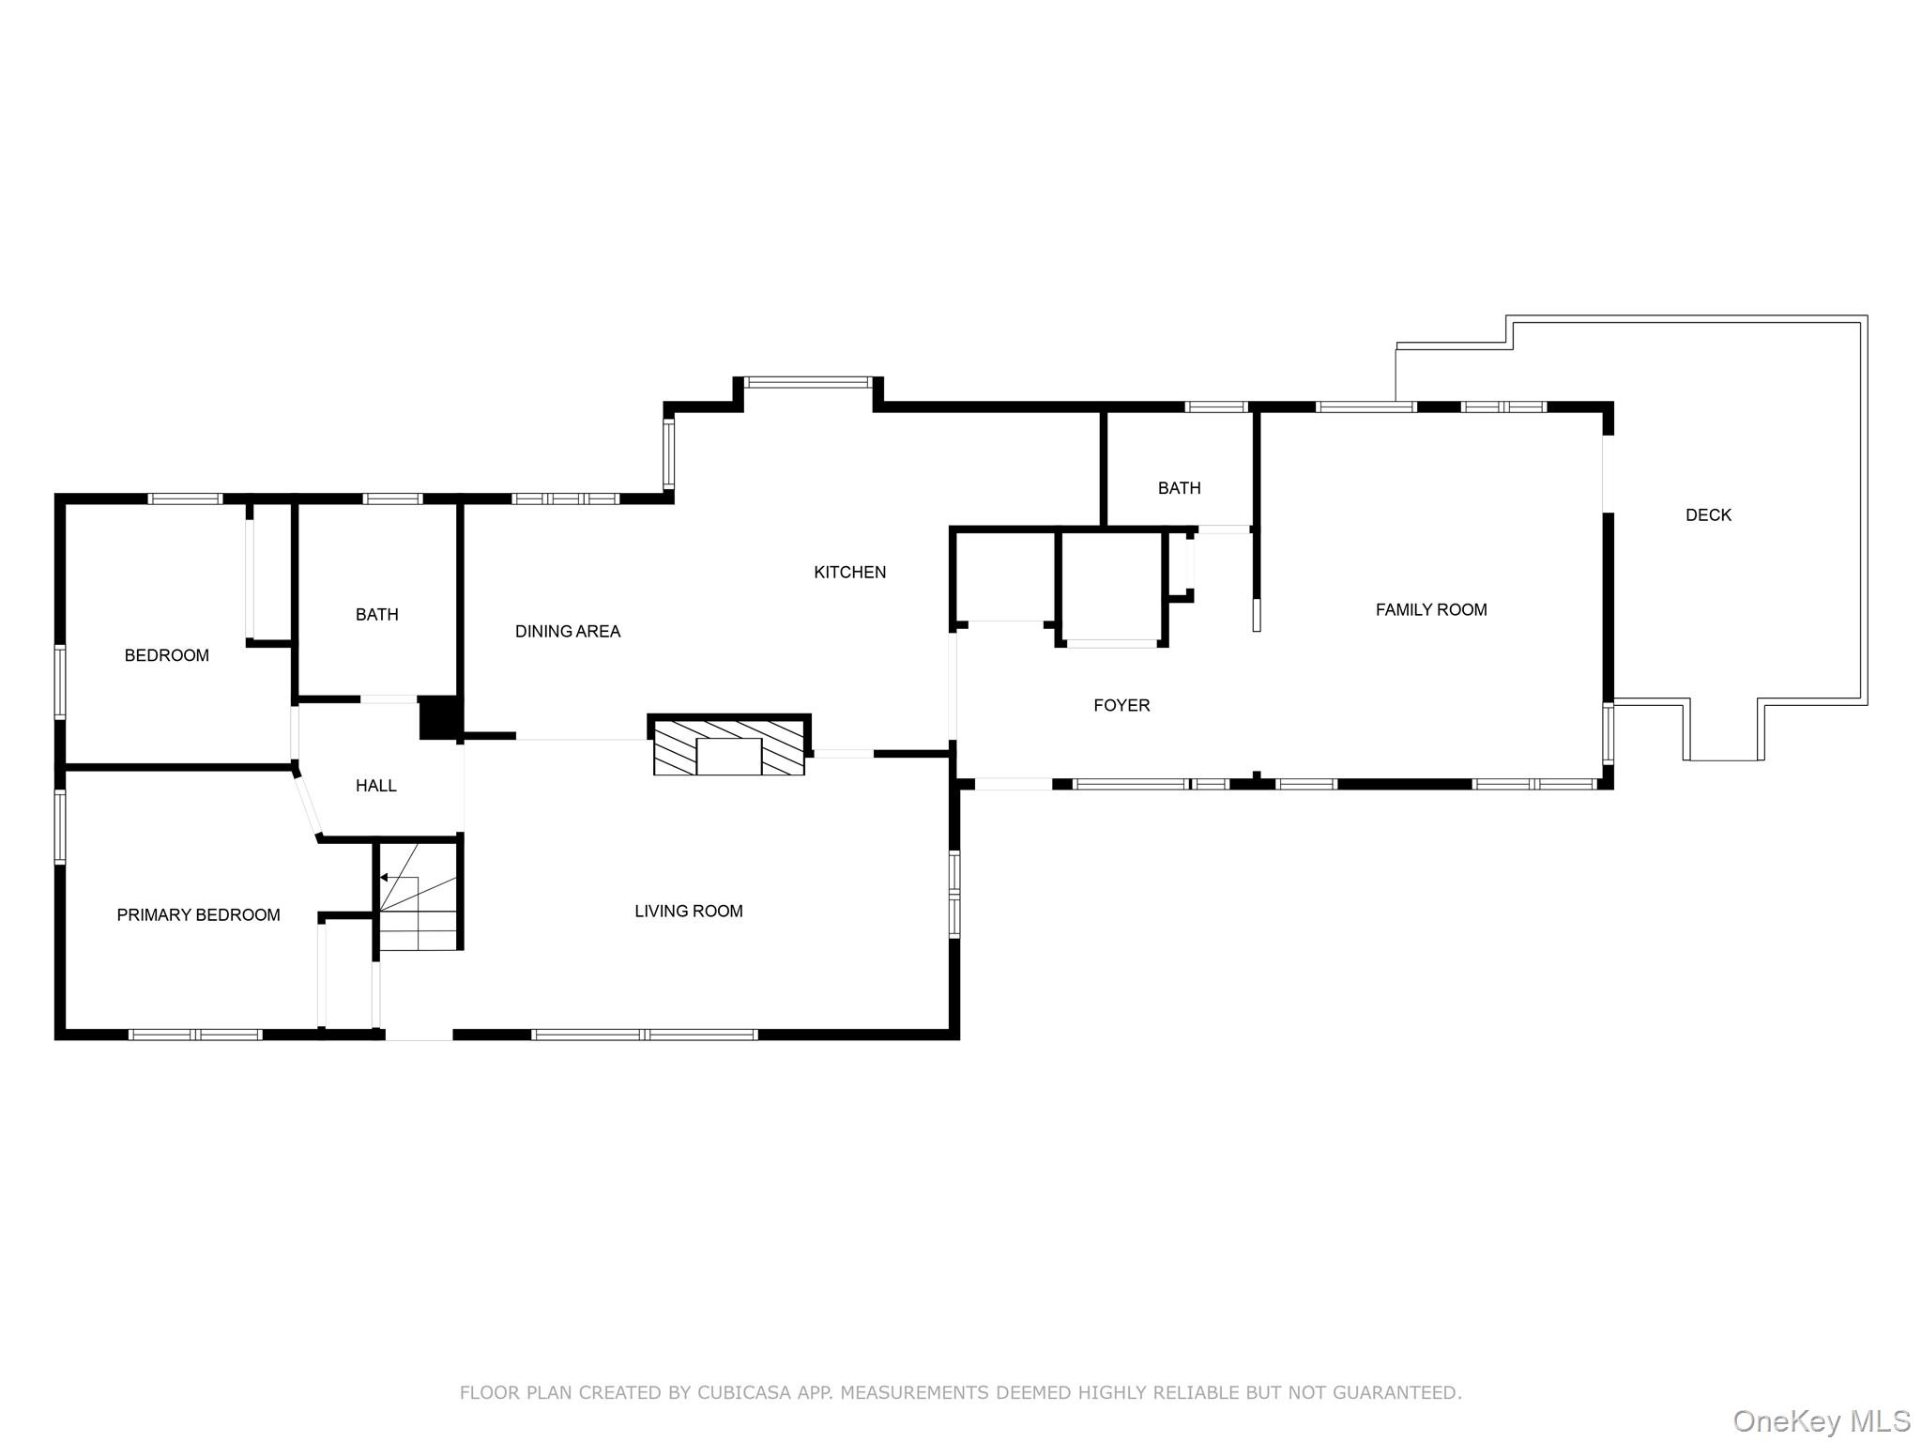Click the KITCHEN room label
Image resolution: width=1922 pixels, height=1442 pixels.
[849, 572]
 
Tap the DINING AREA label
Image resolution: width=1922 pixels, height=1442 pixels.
[568, 631]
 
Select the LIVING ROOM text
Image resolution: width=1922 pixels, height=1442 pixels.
[688, 911]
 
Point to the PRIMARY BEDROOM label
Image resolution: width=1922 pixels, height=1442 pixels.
[198, 914]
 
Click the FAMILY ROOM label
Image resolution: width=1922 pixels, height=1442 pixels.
[1431, 609]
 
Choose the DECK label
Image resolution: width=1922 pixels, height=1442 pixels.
[1708, 514]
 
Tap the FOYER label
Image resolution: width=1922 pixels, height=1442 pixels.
[1121, 705]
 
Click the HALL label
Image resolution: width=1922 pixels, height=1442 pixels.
[375, 786]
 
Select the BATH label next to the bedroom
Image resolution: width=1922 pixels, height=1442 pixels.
[376, 614]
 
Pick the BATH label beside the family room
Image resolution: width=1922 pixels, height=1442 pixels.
[1179, 487]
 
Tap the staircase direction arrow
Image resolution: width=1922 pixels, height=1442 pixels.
[384, 878]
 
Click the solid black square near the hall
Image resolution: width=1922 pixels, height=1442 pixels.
[437, 717]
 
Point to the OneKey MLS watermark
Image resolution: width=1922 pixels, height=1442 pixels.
[1821, 1420]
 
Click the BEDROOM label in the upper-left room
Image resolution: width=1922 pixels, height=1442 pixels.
[166, 655]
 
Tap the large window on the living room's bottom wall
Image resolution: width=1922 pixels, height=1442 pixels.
[644, 1035]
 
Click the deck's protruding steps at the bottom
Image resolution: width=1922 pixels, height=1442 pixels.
[1722, 732]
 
